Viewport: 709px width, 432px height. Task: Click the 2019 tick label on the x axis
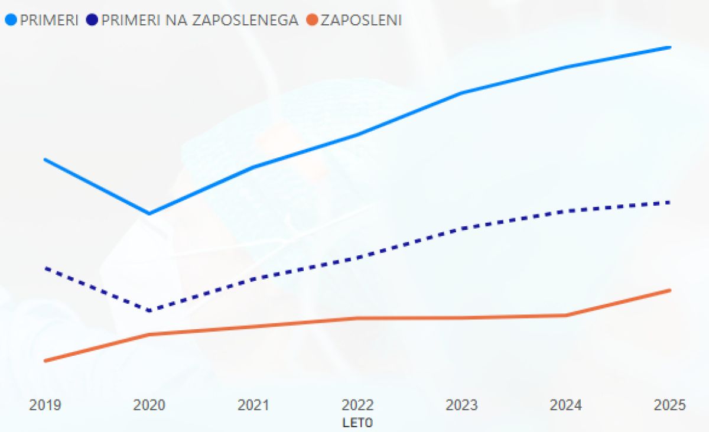point(45,405)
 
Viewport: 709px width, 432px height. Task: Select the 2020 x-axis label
point(149,405)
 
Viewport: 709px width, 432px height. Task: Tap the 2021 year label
point(253,405)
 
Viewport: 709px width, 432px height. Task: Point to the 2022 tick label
point(357,405)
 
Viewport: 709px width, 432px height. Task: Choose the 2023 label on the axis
point(461,405)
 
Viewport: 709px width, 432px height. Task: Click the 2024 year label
point(565,405)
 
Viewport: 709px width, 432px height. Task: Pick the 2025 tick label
point(670,405)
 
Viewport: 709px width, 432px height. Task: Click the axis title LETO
point(357,423)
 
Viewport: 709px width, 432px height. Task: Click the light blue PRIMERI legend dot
point(10,20)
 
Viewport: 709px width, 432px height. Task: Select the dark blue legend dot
point(92,20)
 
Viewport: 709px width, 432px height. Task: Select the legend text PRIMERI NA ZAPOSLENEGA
point(200,20)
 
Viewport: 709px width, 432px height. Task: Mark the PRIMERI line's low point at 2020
point(149,213)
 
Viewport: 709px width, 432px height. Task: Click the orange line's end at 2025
point(670,290)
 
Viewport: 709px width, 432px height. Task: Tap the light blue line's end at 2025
point(670,47)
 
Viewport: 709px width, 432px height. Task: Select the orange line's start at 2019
point(45,360)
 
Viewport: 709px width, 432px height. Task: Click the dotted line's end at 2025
point(670,202)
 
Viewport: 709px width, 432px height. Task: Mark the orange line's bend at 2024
point(565,316)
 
